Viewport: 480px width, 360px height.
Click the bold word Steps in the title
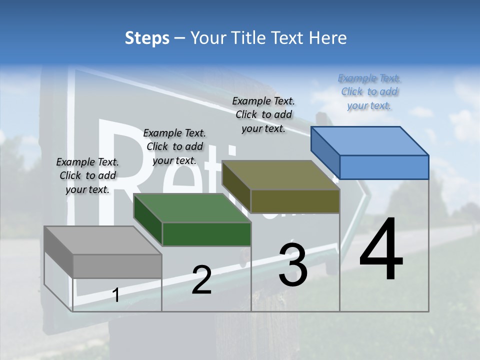[147, 38]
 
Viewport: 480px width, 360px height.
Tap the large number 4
[381, 250]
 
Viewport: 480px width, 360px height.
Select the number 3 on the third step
[293, 265]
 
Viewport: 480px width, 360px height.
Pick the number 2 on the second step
[201, 280]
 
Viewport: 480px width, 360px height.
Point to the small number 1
[115, 295]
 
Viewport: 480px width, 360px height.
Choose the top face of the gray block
[103, 240]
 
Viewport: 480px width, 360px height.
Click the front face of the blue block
[384, 167]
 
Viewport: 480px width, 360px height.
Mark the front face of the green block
[206, 234]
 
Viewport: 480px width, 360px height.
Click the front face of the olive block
[295, 201]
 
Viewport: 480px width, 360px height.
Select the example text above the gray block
[87, 175]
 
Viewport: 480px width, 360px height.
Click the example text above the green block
[174, 146]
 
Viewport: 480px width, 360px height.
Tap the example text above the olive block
[263, 114]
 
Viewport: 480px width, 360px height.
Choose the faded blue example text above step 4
[369, 91]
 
